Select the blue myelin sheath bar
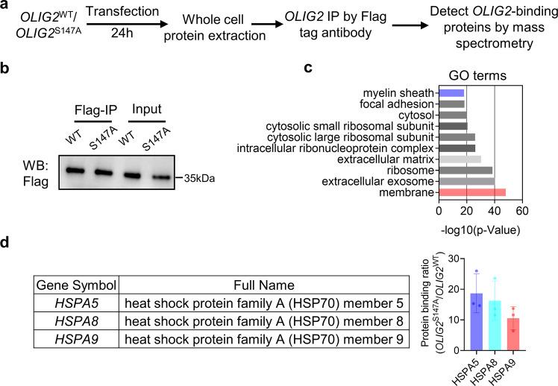coord(451,93)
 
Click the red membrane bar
coord(472,192)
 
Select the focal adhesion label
coord(400,104)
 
